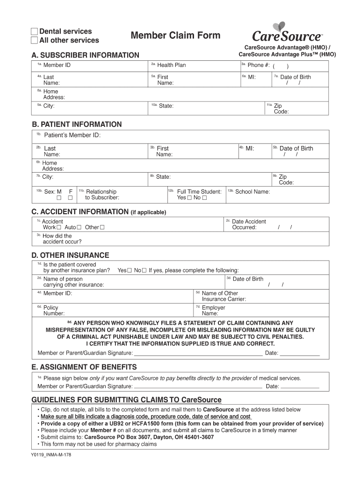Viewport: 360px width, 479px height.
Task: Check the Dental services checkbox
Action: (x=34, y=32)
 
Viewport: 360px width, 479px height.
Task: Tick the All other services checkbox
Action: (x=34, y=41)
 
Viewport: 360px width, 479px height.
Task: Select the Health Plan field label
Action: (x=172, y=65)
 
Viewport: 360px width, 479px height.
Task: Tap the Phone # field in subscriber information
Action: (x=281, y=65)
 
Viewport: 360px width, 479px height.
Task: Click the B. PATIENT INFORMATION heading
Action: (x=77, y=124)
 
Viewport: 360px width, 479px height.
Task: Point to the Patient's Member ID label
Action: (x=72, y=136)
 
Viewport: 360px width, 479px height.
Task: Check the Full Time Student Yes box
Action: (x=189, y=198)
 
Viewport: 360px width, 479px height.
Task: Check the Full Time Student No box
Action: (x=204, y=198)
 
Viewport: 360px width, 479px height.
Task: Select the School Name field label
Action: (x=252, y=192)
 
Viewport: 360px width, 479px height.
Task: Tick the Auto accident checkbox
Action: (x=79, y=228)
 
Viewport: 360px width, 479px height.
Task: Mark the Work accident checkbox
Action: (x=59, y=228)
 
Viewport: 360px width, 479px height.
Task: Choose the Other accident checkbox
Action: (x=102, y=228)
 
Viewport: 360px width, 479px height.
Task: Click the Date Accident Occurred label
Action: (x=249, y=225)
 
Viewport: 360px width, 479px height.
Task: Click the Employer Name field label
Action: (x=213, y=311)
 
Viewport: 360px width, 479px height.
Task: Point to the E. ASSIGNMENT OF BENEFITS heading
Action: (x=84, y=367)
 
